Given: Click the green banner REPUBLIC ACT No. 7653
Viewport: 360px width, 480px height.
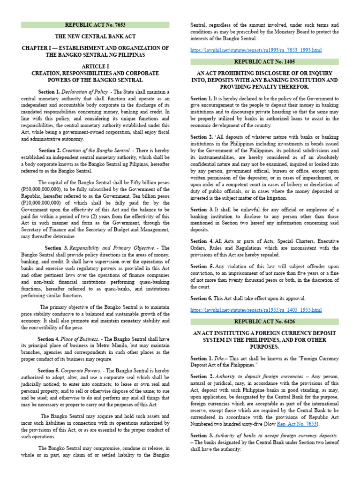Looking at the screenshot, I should click(x=95, y=25).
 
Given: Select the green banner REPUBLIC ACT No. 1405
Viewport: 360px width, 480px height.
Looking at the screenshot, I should click(x=264, y=62).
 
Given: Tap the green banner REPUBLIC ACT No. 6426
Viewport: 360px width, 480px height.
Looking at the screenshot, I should click(x=264, y=322).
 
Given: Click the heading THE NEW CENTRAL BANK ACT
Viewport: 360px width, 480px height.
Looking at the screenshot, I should click(x=95, y=37).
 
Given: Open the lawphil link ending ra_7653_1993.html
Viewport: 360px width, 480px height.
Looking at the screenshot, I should click(x=255, y=50).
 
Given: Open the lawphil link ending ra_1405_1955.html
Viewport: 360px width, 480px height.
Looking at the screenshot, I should click(x=256, y=310).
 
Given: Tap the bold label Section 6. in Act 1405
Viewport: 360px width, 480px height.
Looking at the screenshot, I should click(x=202, y=298).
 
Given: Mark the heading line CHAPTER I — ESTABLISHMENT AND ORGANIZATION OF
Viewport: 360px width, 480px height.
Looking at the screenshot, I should click(x=95, y=48).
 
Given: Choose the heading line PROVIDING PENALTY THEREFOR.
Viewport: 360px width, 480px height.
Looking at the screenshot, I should click(x=264, y=87).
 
